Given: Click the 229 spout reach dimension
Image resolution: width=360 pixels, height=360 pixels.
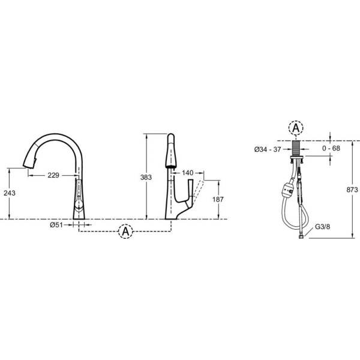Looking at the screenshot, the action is coord(53,175).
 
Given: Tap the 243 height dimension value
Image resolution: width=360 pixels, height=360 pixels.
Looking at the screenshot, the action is coord(10,193).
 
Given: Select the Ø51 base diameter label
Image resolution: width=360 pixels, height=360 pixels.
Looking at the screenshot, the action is coord(56,225).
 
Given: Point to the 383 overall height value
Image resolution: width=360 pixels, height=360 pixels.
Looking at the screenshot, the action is coord(146,177).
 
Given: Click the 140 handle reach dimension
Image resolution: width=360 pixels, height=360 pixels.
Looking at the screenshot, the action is coord(188,173).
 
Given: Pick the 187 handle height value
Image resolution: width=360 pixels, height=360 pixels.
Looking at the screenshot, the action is coord(218,199).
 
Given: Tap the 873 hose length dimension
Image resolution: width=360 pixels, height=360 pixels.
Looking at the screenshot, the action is coord(352,190).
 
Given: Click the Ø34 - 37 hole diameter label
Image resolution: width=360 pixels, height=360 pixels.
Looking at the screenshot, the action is coord(268,149).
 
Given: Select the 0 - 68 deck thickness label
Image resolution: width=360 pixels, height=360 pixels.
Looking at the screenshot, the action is coord(331,148).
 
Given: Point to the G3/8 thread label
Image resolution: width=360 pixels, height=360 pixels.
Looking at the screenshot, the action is coord(322,227).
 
